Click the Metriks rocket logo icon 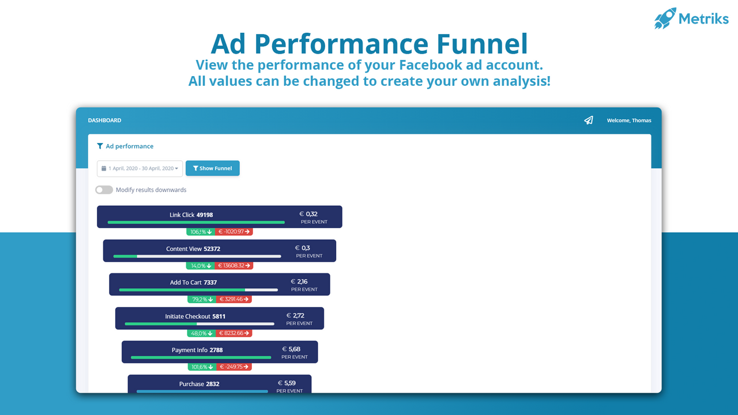point(665,18)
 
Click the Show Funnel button point(212,168)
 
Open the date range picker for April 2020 point(140,168)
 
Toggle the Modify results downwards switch point(104,190)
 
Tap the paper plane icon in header point(588,120)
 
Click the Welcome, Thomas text point(629,120)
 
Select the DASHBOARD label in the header point(104,120)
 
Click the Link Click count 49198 point(205,215)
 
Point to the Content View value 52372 point(212,249)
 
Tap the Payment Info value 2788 point(216,350)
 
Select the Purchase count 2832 point(212,384)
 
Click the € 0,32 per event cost point(308,214)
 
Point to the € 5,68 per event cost point(291,349)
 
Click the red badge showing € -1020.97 point(234,232)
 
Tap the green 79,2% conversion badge point(201,299)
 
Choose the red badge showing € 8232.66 point(234,333)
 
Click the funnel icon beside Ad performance point(100,146)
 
